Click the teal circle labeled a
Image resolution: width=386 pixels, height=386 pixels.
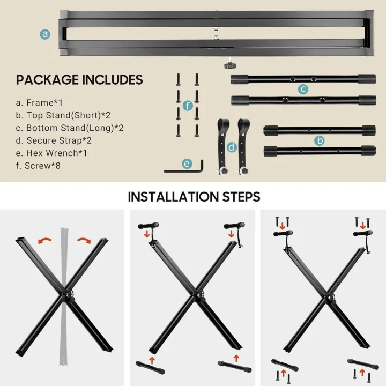tap(45, 34)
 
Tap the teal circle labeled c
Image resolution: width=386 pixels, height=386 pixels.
tap(303, 89)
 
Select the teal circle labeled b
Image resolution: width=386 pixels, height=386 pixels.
tap(320, 140)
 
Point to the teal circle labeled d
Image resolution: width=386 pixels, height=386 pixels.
tap(232, 146)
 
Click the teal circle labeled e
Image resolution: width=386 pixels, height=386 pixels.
tap(187, 164)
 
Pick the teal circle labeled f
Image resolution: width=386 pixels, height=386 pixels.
tap(187, 106)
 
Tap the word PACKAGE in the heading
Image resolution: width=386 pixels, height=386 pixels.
tap(47, 80)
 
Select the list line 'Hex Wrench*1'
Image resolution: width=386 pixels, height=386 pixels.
tap(51, 153)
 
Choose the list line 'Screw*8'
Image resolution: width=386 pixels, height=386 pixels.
tap(43, 166)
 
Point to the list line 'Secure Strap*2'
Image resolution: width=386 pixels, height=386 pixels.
tap(54, 140)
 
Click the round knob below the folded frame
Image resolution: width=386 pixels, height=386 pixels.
tap(228, 65)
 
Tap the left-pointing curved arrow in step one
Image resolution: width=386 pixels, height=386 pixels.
tap(44, 240)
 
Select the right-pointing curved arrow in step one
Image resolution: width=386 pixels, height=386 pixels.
tap(84, 240)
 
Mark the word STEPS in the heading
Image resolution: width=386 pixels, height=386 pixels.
tap(239, 197)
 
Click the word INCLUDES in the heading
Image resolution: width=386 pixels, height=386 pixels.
tap(112, 80)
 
